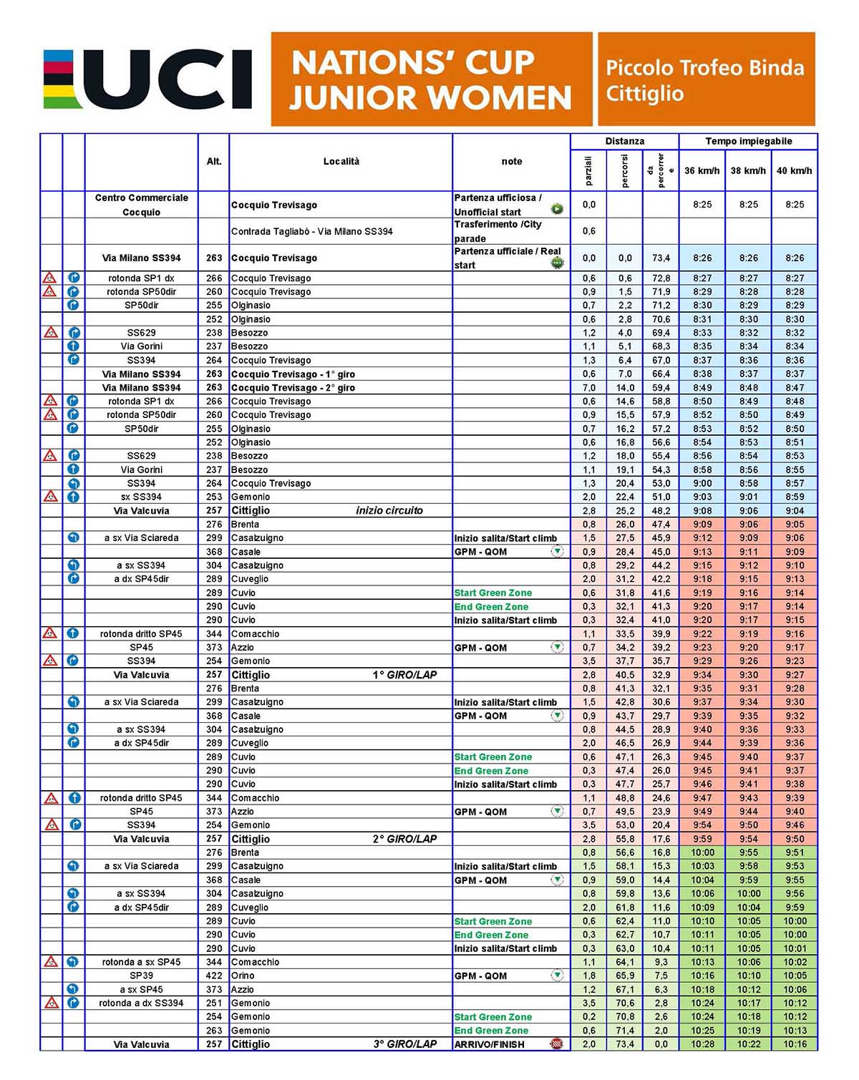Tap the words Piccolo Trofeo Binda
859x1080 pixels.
click(x=704, y=68)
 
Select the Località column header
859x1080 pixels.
click(x=341, y=162)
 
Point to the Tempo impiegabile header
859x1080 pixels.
click(x=748, y=142)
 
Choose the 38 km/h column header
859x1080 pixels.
click(x=748, y=171)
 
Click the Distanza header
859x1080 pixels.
click(x=624, y=142)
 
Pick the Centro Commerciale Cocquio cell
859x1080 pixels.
click(x=142, y=205)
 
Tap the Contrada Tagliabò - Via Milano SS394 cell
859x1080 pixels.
click(x=312, y=231)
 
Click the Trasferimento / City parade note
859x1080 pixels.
click(x=498, y=231)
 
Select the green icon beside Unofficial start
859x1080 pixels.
click(x=557, y=209)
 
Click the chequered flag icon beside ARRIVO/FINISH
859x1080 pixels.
click(x=556, y=1044)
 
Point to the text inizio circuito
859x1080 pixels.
click(x=389, y=511)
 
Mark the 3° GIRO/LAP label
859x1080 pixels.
click(x=404, y=1044)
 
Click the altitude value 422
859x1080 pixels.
click(x=214, y=976)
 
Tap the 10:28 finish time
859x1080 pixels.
click(x=702, y=1044)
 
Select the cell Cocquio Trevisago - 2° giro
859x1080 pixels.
click(x=293, y=388)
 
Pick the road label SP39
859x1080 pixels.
click(x=142, y=976)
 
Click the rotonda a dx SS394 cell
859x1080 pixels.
click(x=142, y=1003)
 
